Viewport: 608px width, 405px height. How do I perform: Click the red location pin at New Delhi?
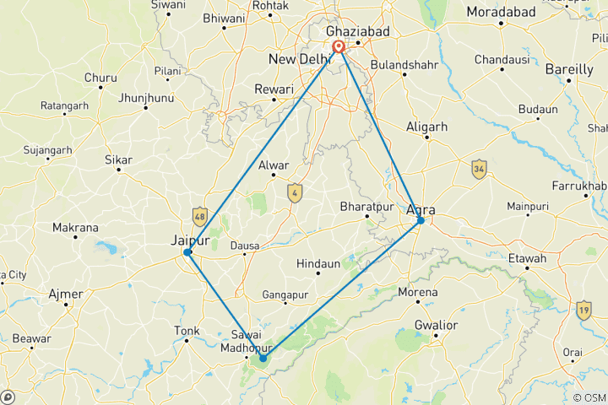(339, 47)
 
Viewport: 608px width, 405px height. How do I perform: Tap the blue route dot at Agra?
(421, 221)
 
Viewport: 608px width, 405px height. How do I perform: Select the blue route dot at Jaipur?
(187, 252)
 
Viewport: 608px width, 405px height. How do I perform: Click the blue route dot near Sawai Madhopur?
(263, 359)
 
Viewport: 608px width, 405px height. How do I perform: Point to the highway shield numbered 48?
(199, 217)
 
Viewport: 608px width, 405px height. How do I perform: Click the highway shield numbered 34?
(479, 169)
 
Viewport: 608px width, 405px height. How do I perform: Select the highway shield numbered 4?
(294, 192)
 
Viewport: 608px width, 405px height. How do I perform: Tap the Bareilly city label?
(569, 69)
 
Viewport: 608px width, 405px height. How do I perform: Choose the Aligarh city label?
(426, 126)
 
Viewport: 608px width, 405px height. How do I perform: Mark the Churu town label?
(100, 78)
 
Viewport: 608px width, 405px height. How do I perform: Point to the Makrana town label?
(75, 228)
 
